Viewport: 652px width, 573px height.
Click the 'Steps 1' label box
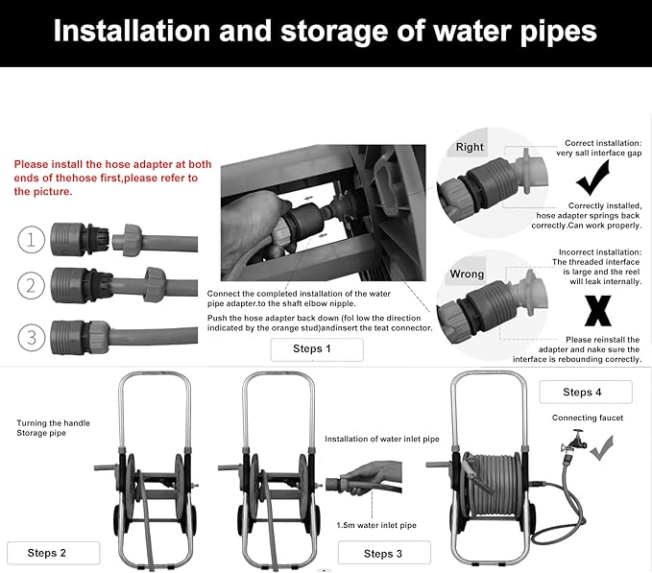tap(317, 349)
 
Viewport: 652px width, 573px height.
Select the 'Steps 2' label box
tap(53, 553)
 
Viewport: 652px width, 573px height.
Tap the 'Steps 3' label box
tap(384, 553)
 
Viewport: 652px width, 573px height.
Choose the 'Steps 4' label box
tap(586, 392)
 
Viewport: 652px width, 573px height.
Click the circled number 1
tap(31, 240)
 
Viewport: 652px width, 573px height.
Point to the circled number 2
tap(31, 286)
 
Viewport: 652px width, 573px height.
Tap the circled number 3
tap(31, 338)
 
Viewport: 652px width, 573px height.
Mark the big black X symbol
tap(598, 311)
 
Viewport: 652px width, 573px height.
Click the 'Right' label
tap(470, 147)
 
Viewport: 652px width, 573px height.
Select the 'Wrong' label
tap(467, 275)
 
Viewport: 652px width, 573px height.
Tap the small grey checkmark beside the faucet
tap(602, 448)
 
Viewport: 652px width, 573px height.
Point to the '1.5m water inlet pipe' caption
tap(376, 525)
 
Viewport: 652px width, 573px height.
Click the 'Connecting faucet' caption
tap(588, 418)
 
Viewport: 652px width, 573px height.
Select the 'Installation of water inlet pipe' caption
tap(382, 439)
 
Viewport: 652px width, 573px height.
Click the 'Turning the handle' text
tap(53, 423)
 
